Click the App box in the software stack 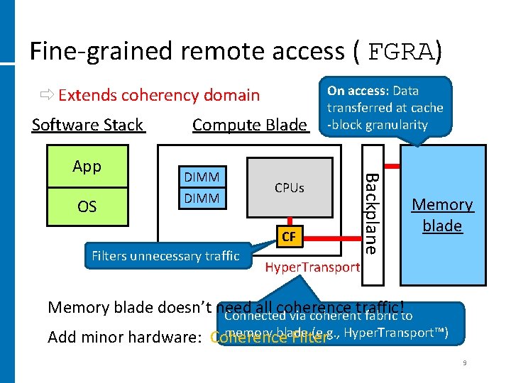click(x=87, y=167)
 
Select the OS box click(x=87, y=206)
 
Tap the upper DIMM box click(x=202, y=177)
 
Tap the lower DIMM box click(x=202, y=198)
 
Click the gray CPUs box click(x=289, y=188)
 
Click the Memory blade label click(x=442, y=215)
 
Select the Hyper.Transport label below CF click(x=312, y=267)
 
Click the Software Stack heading click(x=88, y=125)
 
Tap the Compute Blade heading click(x=250, y=125)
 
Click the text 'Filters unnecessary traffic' click(x=165, y=256)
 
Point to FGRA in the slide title click(x=402, y=52)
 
